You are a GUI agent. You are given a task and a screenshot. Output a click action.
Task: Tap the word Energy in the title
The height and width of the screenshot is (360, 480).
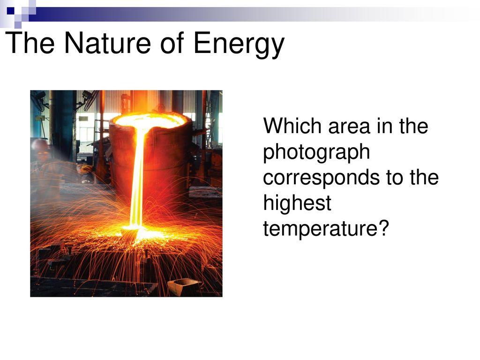click(x=239, y=45)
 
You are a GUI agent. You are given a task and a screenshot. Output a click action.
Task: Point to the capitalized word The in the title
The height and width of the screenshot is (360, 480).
click(x=30, y=42)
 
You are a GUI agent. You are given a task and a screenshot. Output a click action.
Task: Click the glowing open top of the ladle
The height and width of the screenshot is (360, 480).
click(x=150, y=120)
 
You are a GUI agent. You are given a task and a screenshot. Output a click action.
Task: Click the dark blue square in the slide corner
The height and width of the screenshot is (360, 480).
click(x=11, y=11)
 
